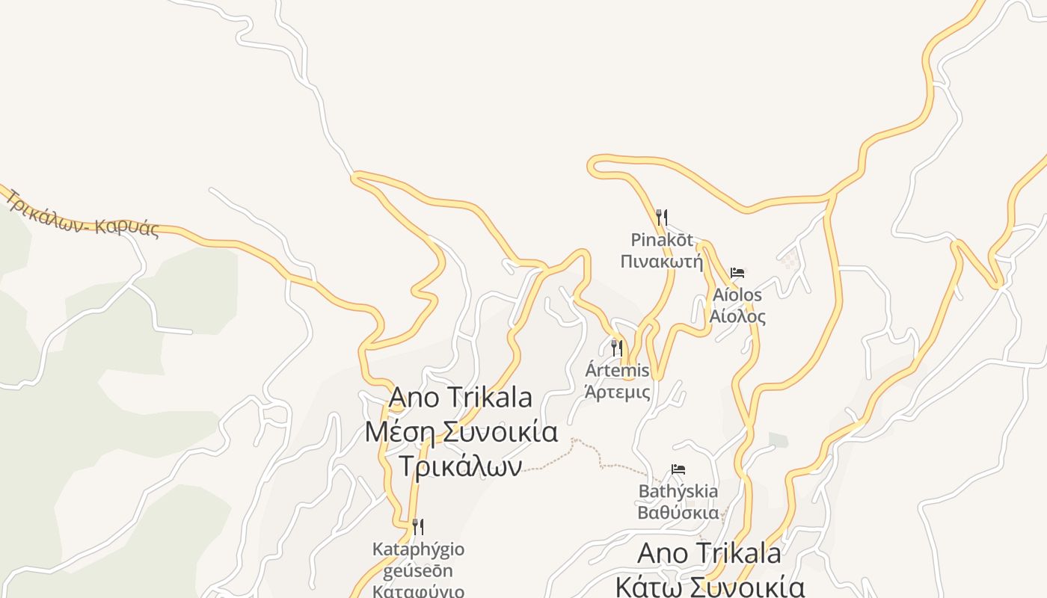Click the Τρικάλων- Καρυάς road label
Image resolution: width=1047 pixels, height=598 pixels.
pyautogui.click(x=83, y=214)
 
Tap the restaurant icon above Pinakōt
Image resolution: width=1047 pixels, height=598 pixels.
pyautogui.click(x=661, y=218)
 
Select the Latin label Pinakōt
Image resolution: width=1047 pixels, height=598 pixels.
pyautogui.click(x=662, y=240)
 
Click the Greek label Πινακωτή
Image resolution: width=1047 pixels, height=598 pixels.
pyautogui.click(x=662, y=262)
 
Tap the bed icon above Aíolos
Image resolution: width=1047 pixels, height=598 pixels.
pyautogui.click(x=737, y=273)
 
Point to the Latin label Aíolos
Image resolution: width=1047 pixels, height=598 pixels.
pyautogui.click(x=737, y=295)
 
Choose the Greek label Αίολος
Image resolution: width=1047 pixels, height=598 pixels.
pyautogui.click(x=737, y=316)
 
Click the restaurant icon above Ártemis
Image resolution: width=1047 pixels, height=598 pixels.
pyautogui.click(x=617, y=348)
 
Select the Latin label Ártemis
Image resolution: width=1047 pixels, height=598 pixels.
pyautogui.click(x=617, y=370)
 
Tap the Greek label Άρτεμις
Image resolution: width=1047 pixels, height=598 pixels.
pyautogui.click(x=617, y=392)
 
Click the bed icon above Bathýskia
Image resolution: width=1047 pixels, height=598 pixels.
pyautogui.click(x=678, y=469)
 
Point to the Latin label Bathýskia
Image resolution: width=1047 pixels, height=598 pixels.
pyautogui.click(x=678, y=491)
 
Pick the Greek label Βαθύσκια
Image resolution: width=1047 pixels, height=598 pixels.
pyautogui.click(x=678, y=513)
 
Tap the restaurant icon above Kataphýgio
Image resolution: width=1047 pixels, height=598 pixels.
pyautogui.click(x=418, y=527)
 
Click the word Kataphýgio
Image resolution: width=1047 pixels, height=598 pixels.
pyautogui.click(x=418, y=549)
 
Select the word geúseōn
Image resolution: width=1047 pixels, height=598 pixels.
pyautogui.click(x=418, y=571)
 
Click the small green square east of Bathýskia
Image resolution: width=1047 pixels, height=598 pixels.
pyautogui.click(x=778, y=440)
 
